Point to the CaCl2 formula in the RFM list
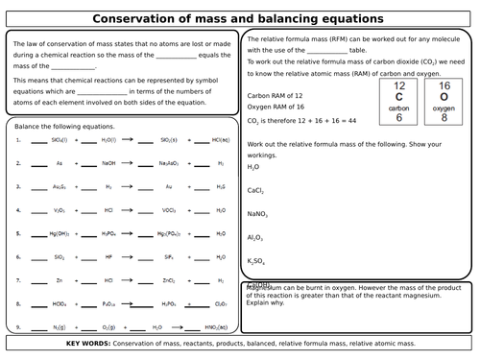coord(256,190)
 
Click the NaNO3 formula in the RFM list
coord(258,213)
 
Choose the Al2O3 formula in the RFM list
coord(256,237)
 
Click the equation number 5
coord(18,232)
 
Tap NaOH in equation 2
coord(108,162)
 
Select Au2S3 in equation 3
coord(60,186)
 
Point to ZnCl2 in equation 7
coord(169,280)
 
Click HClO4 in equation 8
coord(60,303)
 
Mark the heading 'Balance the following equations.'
coord(65,127)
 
